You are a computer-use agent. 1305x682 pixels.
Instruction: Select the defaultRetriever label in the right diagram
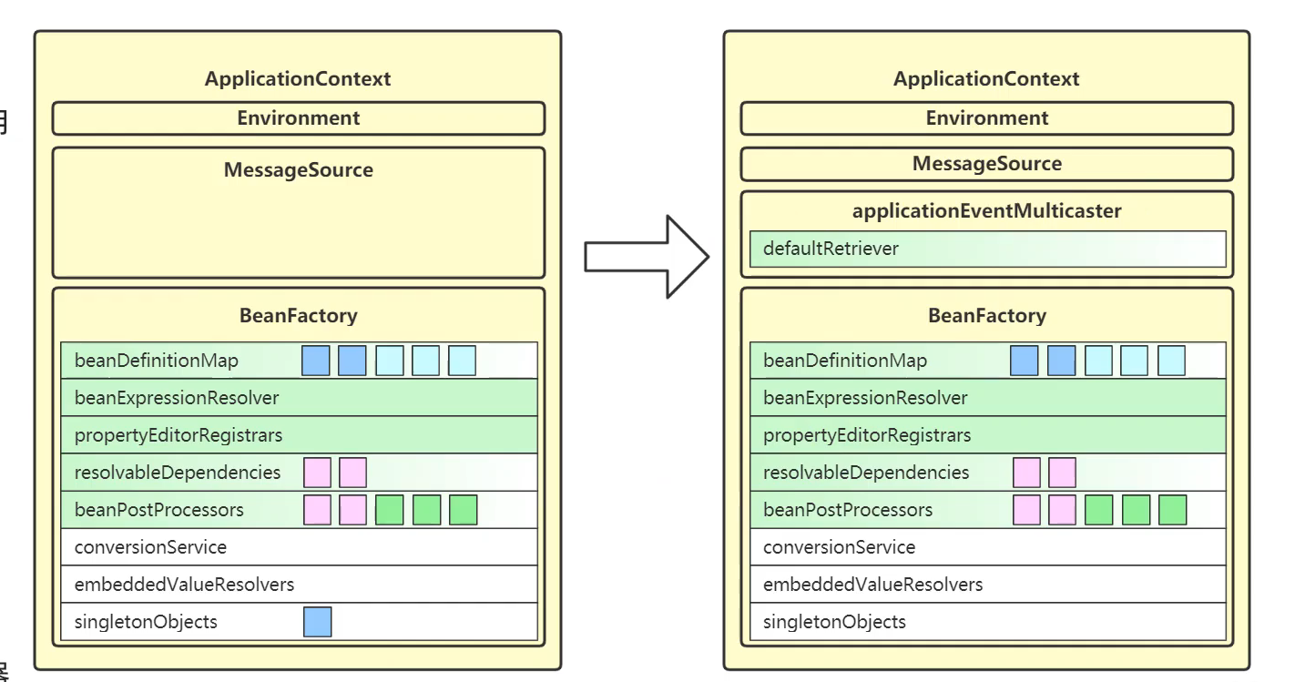(831, 249)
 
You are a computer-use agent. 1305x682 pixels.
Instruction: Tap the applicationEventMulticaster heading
(986, 211)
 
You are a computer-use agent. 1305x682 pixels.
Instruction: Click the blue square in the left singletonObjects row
(317, 622)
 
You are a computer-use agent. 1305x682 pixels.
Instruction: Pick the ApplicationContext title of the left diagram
(298, 78)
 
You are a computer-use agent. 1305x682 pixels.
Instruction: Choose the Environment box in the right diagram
(986, 118)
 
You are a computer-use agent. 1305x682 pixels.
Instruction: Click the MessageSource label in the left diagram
(298, 170)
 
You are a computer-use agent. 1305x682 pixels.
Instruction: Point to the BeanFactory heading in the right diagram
(986, 316)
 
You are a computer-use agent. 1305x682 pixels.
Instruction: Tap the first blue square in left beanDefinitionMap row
(316, 361)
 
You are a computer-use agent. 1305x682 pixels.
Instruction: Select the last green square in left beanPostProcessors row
(463, 510)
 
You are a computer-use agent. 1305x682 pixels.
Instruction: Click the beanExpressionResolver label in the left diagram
(177, 398)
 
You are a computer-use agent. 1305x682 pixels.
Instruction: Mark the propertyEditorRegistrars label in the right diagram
(867, 435)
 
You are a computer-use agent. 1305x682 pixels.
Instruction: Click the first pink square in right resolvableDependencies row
(1026, 473)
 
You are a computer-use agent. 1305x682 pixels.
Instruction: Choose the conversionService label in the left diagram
(150, 547)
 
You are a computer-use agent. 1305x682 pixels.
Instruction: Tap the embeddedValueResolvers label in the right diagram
(872, 585)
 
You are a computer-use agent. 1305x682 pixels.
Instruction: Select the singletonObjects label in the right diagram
(834, 622)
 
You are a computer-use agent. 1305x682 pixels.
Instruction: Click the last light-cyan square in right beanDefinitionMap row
(1171, 361)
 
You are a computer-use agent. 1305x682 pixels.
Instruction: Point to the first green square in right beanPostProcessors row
(1098, 510)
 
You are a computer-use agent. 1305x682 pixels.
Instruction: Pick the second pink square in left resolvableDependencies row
(352, 473)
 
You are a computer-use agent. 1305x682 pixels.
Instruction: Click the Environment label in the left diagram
(298, 118)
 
